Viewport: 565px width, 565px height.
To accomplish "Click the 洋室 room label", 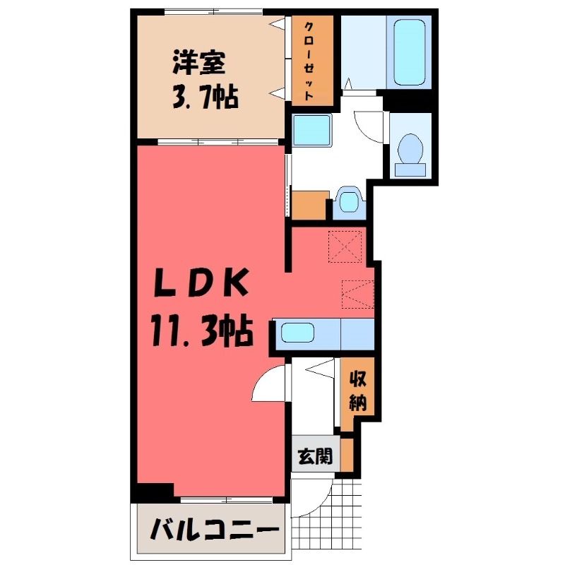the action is pyautogui.click(x=199, y=63).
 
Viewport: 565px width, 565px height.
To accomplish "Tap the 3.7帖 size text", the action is pyautogui.click(x=206, y=97).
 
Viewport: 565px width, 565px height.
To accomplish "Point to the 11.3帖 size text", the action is pyautogui.click(x=201, y=331).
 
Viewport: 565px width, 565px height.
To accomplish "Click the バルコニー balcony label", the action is pyautogui.click(x=215, y=529).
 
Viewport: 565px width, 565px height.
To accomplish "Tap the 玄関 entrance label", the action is pyautogui.click(x=315, y=457).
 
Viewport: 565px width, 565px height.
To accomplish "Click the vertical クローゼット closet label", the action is pyautogui.click(x=309, y=61).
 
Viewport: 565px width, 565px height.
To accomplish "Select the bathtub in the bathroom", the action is pyautogui.click(x=409, y=52).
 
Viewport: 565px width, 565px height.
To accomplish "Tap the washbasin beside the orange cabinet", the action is pyautogui.click(x=348, y=201).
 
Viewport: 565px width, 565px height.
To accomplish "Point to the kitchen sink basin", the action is pyautogui.click(x=297, y=333).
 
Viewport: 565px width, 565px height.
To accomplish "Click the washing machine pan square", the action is pyautogui.click(x=311, y=130).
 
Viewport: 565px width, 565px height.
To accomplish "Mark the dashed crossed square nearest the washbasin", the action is pyautogui.click(x=345, y=246).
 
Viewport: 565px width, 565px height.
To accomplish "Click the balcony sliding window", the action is pyautogui.click(x=226, y=500).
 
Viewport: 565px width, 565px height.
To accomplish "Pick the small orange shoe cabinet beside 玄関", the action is pyautogui.click(x=347, y=454).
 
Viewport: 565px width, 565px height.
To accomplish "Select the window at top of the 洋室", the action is pyautogui.click(x=214, y=12).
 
